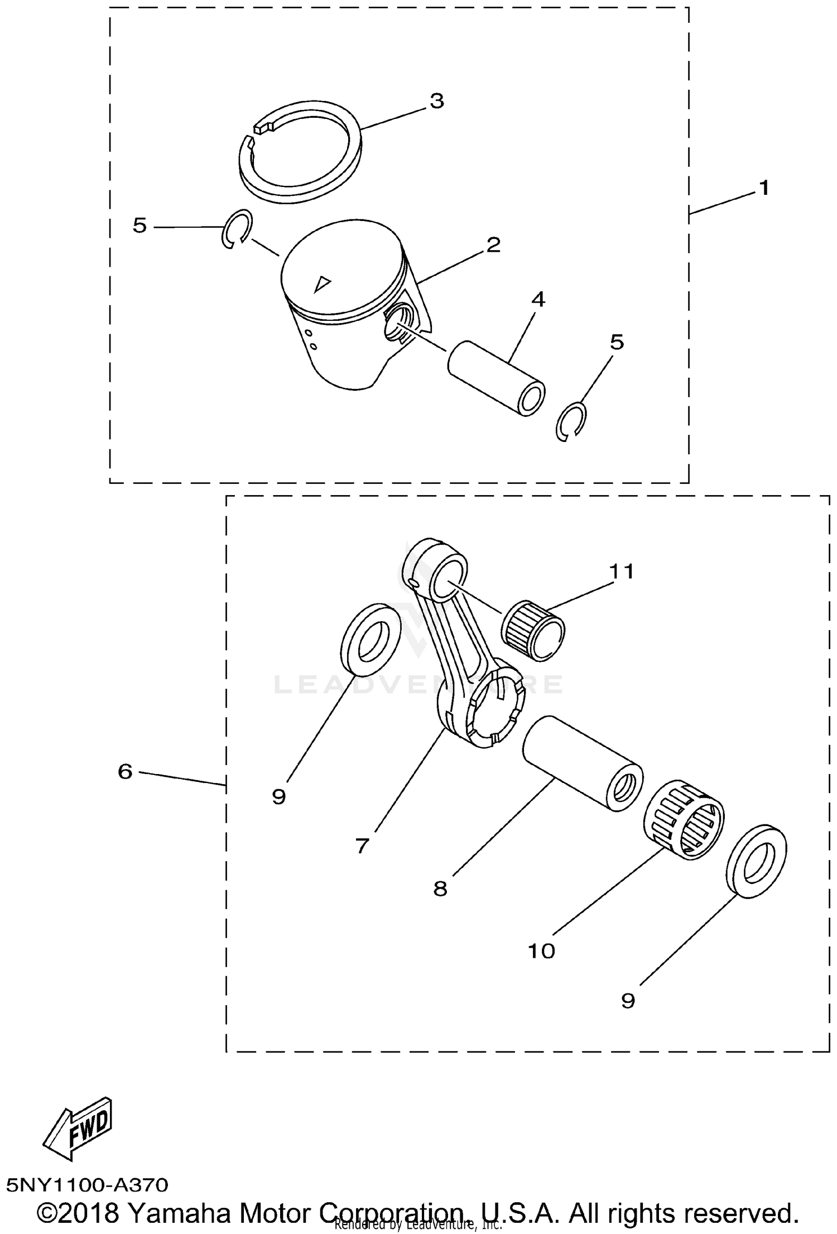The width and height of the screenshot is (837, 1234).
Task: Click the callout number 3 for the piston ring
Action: pos(436,102)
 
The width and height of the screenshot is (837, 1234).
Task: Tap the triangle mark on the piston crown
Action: pos(321,285)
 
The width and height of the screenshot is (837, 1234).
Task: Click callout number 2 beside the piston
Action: pos(493,245)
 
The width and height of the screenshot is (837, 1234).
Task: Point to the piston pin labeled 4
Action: pos(497,379)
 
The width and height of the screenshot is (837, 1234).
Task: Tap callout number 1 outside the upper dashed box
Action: pos(764,188)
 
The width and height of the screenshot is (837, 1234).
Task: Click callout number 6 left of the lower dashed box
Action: pos(125,772)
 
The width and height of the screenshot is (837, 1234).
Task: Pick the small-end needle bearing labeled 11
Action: pos(533,630)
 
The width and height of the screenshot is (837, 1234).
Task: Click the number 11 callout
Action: pos(621,572)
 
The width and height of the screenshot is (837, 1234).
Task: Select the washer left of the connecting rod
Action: pos(371,640)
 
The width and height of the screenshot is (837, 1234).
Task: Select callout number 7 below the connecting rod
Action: pos(362,846)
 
